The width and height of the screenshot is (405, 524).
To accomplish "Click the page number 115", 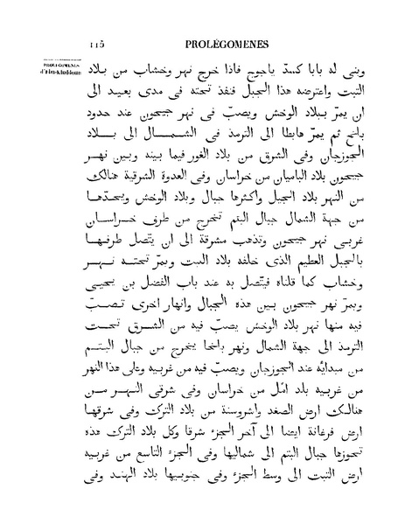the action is [x=96, y=44].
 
